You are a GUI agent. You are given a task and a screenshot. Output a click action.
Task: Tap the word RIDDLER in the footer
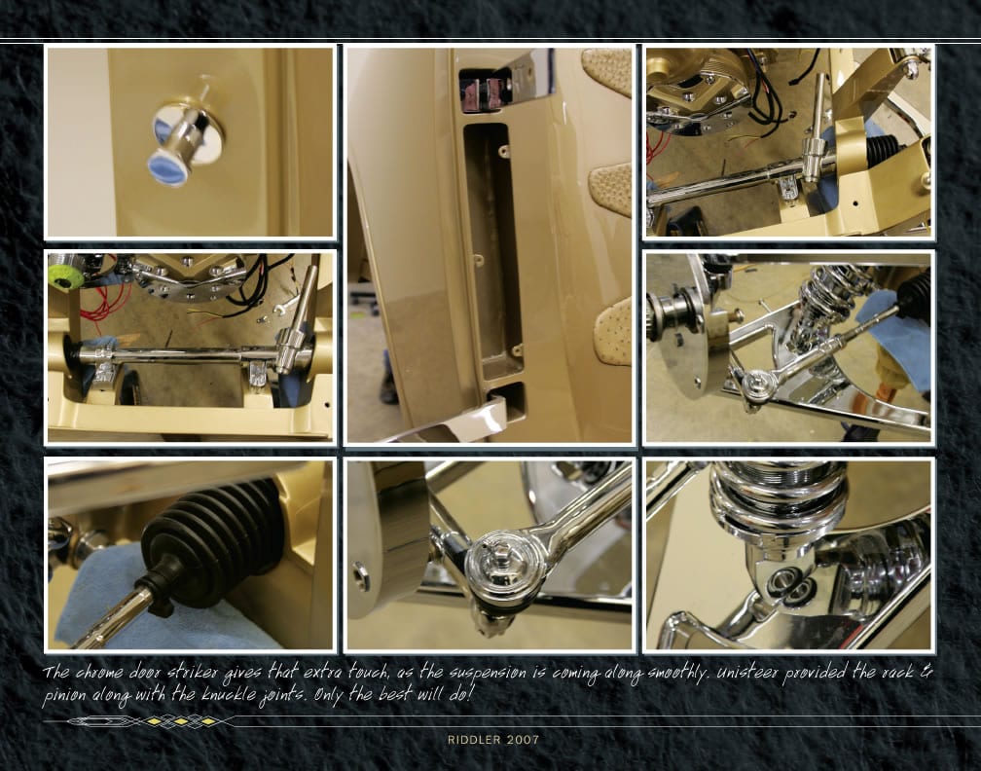(x=474, y=740)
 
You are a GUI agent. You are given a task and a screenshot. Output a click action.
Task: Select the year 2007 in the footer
(x=523, y=740)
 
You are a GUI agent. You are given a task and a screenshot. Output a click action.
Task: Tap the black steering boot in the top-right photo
(x=885, y=153)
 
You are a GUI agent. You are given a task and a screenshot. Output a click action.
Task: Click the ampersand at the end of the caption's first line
(x=926, y=672)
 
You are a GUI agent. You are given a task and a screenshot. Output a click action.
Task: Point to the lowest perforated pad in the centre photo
(x=614, y=329)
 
